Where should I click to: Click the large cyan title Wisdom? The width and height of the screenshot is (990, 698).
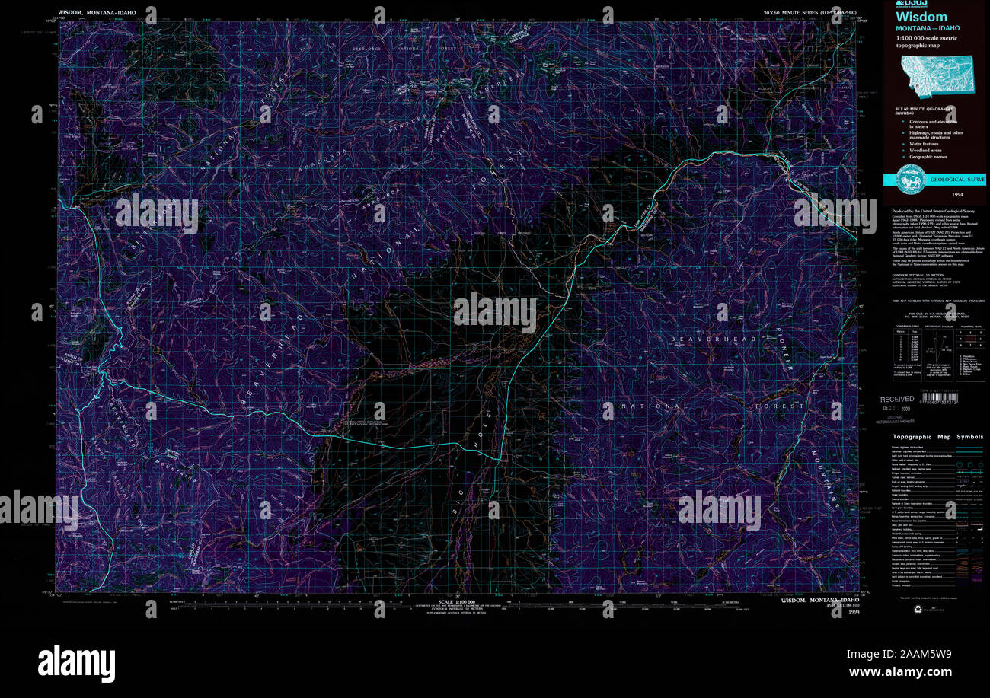pos(921,17)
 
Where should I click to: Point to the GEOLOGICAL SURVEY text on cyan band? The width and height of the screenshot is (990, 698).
pos(956,180)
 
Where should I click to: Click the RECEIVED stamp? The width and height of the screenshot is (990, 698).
pos(897,399)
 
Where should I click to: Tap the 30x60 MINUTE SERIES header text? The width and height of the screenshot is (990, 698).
pos(809,13)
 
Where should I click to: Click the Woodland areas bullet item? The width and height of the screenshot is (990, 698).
pos(925,150)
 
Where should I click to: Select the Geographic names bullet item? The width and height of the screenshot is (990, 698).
pos(927,157)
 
